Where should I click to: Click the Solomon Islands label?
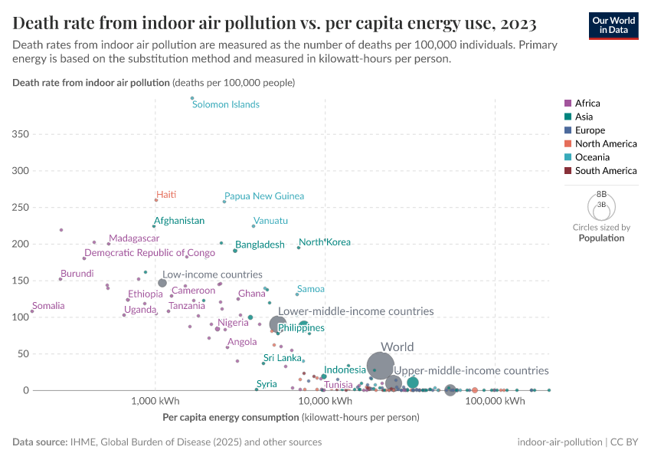[226, 104]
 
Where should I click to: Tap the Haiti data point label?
[166, 195]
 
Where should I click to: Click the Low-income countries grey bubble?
[162, 283]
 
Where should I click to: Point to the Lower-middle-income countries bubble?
[278, 324]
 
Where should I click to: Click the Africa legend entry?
[587, 103]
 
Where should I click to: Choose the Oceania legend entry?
[592, 157]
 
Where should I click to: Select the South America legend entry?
[605, 171]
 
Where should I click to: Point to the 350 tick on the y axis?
[21, 134]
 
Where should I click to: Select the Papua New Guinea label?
[264, 196]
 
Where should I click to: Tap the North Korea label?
[325, 242]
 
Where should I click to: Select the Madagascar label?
[134, 239]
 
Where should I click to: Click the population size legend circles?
[601, 205]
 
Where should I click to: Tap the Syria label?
[267, 383]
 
